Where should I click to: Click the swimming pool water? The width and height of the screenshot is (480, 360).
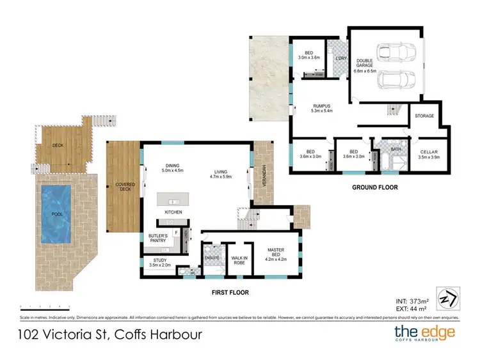click(x=56, y=215)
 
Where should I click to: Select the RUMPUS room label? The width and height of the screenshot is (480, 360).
click(x=321, y=107)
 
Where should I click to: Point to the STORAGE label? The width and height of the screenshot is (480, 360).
click(x=424, y=116)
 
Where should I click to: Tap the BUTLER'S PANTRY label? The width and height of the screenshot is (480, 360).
click(x=157, y=239)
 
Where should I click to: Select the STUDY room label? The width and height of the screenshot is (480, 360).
click(x=159, y=261)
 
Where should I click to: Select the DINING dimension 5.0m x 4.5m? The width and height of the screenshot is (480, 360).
click(x=173, y=171)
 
